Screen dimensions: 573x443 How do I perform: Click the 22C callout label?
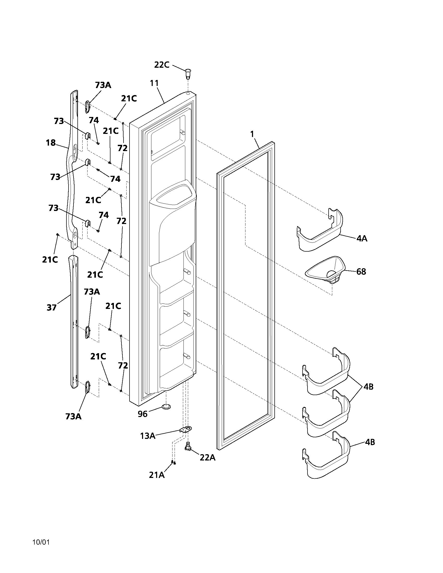click(x=162, y=65)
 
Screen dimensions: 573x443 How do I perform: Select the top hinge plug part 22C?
click(x=188, y=73)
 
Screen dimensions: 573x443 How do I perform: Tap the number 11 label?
click(x=154, y=83)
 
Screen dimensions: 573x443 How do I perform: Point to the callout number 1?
click(x=252, y=134)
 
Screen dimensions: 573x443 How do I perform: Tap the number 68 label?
click(x=361, y=272)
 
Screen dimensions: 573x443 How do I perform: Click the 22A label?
click(x=207, y=457)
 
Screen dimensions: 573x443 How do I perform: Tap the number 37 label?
click(x=51, y=307)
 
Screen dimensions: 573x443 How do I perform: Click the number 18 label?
click(x=51, y=143)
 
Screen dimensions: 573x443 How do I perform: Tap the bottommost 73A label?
click(x=73, y=416)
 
